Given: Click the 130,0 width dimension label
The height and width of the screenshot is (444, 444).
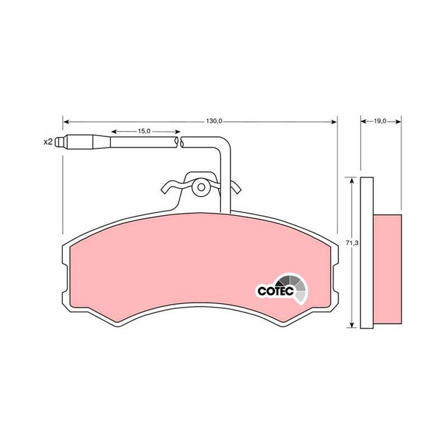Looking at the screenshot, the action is [x=214, y=122].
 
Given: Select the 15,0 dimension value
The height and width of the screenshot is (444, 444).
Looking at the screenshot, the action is [x=144, y=132].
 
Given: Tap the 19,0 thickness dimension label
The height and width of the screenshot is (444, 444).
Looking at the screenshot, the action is [x=380, y=121].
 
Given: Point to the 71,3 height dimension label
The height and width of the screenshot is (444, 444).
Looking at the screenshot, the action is [x=352, y=243].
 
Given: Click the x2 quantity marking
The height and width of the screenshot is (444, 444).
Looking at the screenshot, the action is [x=48, y=142].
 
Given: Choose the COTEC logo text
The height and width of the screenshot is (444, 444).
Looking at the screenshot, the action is [x=275, y=291].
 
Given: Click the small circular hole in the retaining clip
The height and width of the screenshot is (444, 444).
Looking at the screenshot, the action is [x=201, y=187].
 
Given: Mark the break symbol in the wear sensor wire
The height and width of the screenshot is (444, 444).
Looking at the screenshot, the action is [x=179, y=142].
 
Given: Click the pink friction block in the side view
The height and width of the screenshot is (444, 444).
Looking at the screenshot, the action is [x=387, y=269].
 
